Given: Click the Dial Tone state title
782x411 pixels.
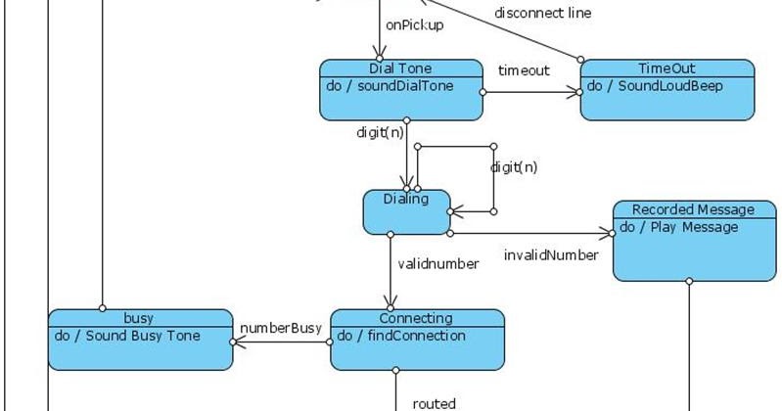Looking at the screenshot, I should point(400,68).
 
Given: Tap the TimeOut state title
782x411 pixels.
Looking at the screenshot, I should point(667,68).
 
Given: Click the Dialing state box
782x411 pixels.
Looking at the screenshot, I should point(406,211).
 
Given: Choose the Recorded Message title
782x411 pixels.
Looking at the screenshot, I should point(693,209).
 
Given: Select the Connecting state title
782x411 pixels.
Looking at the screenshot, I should point(416,318).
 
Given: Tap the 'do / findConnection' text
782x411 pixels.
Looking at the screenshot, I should point(401,336).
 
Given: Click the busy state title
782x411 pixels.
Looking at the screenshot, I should point(139,318).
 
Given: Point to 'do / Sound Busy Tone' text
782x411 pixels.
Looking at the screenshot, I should point(127,336).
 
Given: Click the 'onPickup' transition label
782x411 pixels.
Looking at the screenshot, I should point(415,25).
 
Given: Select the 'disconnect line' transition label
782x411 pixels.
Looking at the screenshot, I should point(542,14).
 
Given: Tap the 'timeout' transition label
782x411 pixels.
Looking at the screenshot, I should point(524,70).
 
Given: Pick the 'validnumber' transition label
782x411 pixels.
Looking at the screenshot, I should point(437,263).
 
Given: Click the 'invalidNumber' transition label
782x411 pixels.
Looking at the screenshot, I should point(551,254).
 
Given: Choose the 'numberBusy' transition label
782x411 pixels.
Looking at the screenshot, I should point(281,328).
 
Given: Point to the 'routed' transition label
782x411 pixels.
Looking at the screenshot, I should point(434,402).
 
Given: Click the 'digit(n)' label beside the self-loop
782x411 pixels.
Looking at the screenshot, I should point(514,166).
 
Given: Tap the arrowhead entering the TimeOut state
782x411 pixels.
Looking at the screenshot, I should point(575,93).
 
